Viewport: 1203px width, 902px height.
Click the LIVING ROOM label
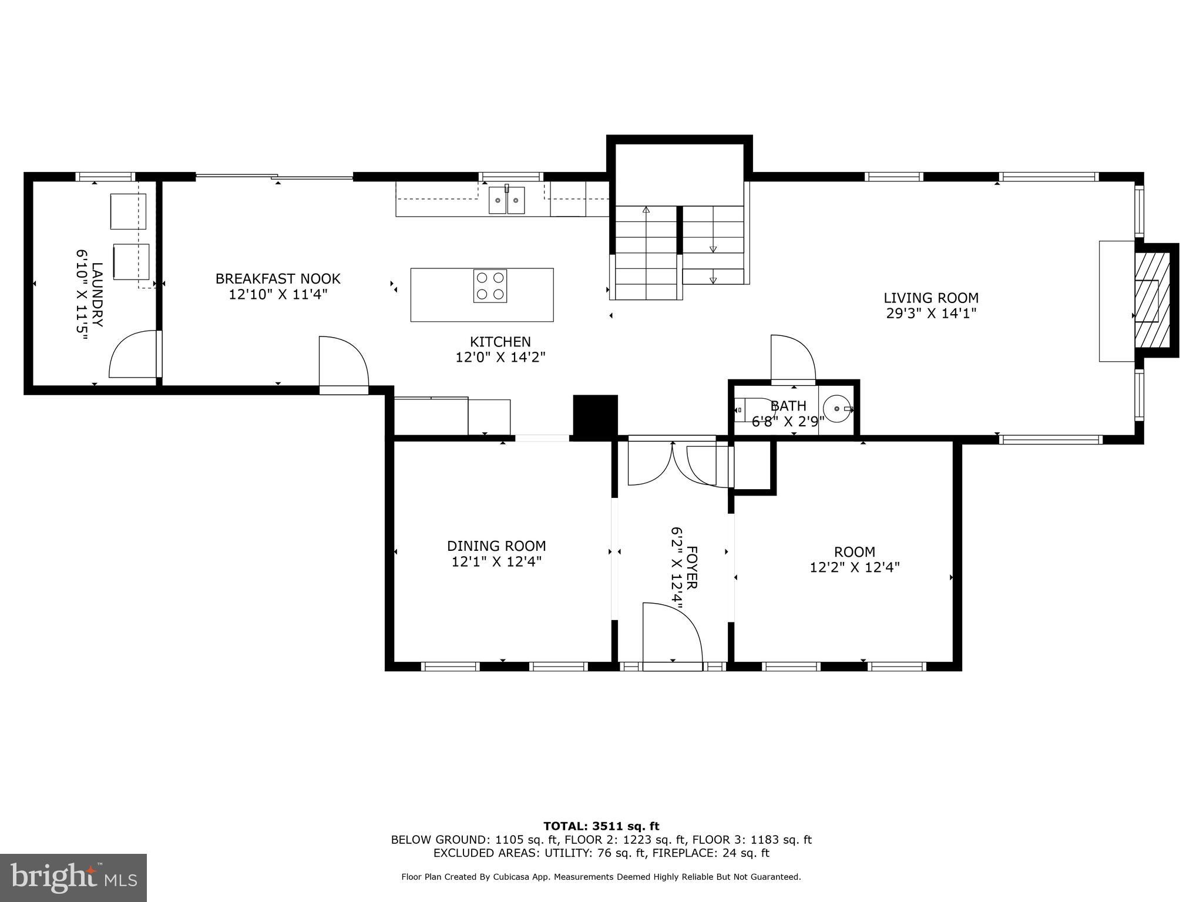930,298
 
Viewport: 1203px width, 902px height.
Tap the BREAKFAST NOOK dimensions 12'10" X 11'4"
277,294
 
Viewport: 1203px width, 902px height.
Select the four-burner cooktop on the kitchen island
490,286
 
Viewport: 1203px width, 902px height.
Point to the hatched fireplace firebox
1152,300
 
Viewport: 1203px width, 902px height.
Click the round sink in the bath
836,408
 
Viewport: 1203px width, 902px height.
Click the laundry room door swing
133,355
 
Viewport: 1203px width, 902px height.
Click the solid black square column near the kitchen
594,416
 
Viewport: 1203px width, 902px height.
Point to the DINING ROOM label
496,546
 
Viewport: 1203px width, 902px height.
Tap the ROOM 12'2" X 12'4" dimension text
854,567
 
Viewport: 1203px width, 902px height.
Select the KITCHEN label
500,342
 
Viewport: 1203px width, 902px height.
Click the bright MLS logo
73,877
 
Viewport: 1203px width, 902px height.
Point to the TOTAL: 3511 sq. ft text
601,826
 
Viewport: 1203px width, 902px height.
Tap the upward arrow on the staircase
646,210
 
